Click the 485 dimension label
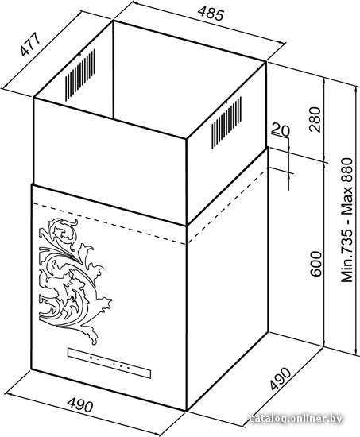click(211, 14)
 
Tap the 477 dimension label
click(31, 44)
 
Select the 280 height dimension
click(315, 119)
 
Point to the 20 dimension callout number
click(281, 130)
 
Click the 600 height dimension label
click(315, 264)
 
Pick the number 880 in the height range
click(347, 172)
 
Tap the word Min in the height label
click(347, 269)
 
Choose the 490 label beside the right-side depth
click(281, 378)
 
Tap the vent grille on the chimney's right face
click(226, 122)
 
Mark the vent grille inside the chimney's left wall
click(80, 75)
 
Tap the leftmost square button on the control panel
click(91, 358)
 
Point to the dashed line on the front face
click(109, 224)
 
